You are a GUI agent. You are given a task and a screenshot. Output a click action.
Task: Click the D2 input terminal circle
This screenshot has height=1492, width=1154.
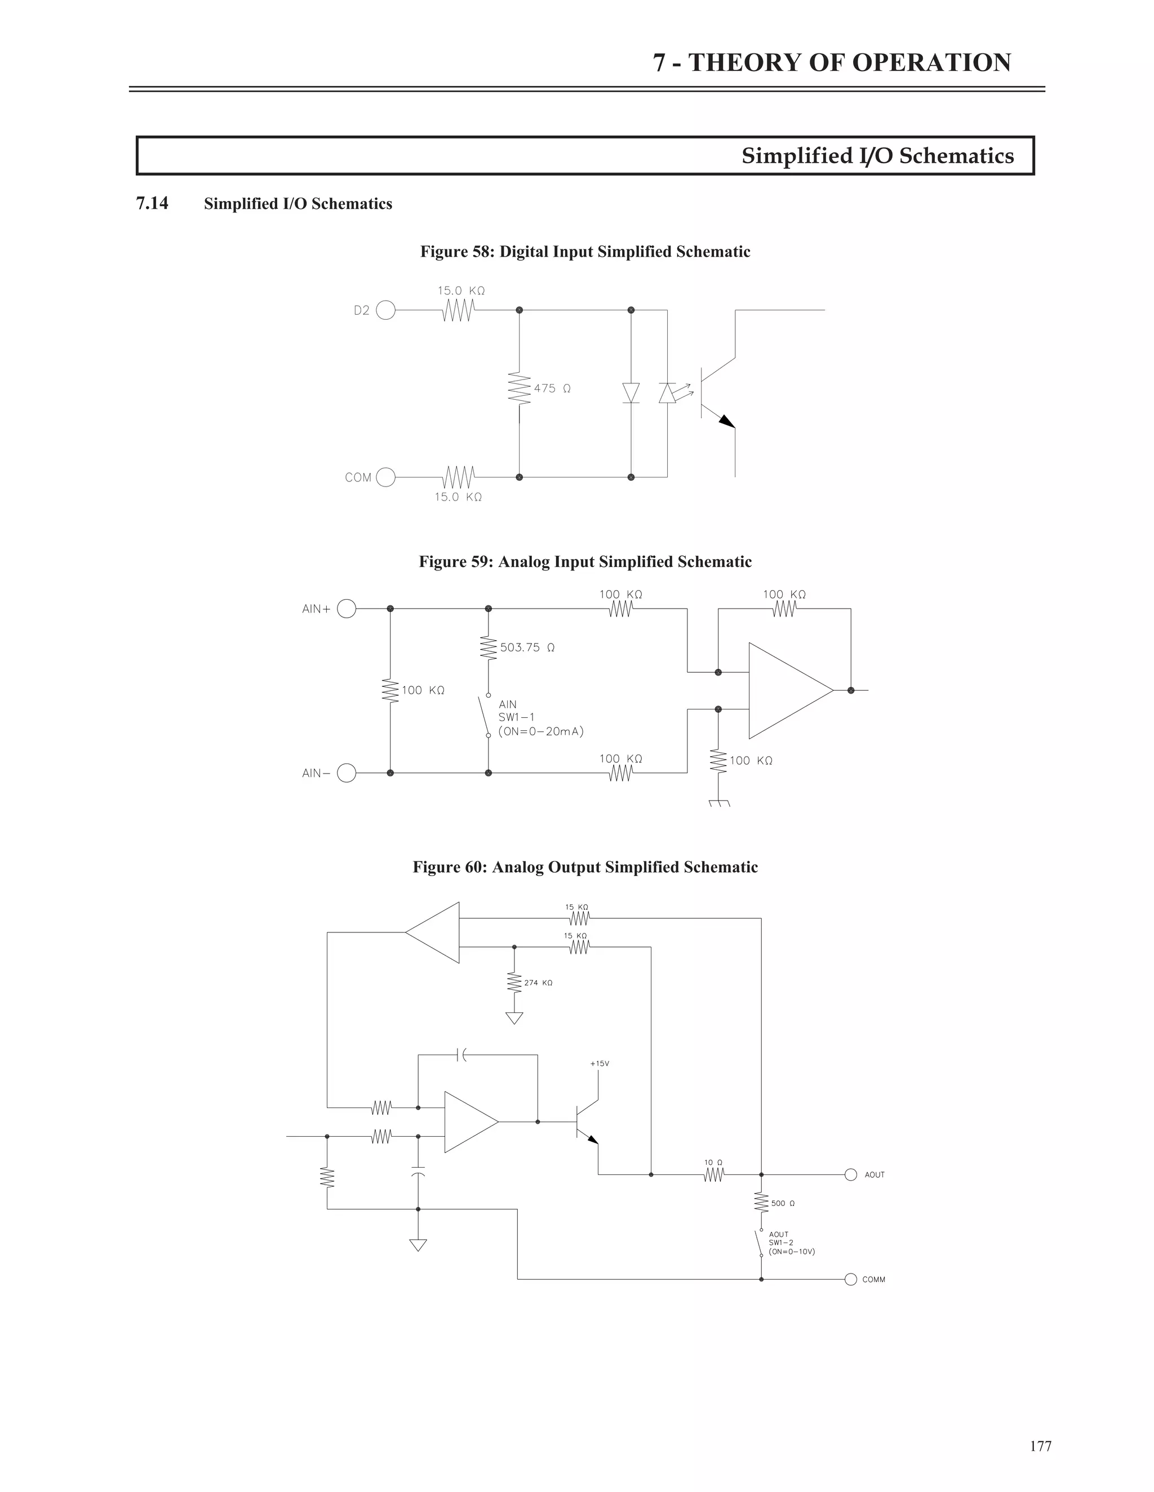tap(385, 311)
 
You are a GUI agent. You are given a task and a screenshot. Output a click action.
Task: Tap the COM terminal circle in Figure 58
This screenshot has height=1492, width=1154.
tap(385, 477)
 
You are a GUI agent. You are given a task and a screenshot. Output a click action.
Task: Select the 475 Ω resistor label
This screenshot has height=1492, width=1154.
tap(552, 388)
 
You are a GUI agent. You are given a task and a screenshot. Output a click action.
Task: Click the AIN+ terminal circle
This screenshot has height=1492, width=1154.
tap(347, 609)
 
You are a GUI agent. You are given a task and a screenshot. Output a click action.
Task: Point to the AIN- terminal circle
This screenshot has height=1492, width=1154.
tap(347, 774)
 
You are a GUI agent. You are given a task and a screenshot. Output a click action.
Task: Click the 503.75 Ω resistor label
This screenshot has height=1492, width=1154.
tap(526, 647)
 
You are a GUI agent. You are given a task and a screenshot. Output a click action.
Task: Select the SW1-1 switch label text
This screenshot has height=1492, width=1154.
tap(516, 717)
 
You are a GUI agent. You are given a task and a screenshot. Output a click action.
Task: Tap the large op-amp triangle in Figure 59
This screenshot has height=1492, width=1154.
tap(786, 691)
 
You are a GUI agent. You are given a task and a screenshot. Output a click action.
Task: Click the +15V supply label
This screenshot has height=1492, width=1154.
tap(599, 1064)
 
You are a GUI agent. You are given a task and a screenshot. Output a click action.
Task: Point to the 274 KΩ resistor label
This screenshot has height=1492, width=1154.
tap(538, 983)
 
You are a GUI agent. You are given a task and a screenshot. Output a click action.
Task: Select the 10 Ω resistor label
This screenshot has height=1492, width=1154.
tap(713, 1163)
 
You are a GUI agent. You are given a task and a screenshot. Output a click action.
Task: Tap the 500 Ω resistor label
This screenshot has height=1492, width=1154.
tap(783, 1204)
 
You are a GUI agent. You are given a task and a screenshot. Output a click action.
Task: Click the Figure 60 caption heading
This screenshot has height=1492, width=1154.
tap(585, 867)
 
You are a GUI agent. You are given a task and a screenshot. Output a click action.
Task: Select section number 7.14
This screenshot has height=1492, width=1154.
tap(152, 204)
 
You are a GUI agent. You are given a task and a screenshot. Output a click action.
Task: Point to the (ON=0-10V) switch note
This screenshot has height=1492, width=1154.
tap(792, 1252)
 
